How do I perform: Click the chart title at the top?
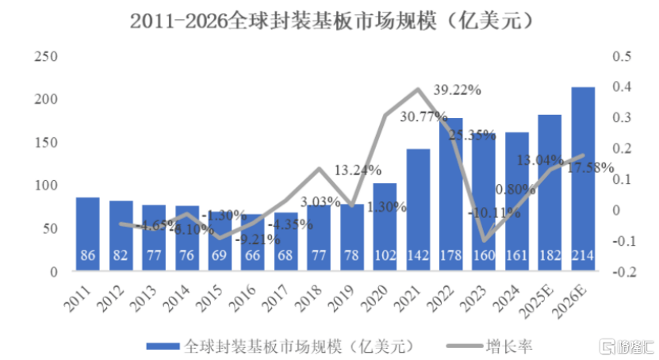pyautogui.click(x=329, y=21)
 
